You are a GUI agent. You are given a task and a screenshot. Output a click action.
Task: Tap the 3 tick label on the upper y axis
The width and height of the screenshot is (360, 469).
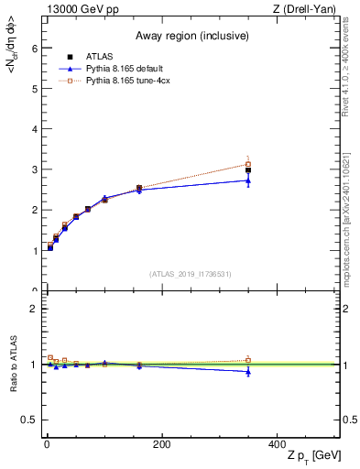[x=34, y=169]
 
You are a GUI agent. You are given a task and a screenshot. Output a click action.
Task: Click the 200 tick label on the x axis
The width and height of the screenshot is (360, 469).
[x=161, y=444]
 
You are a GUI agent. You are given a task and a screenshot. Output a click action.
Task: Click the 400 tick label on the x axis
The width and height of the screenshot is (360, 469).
[x=277, y=444]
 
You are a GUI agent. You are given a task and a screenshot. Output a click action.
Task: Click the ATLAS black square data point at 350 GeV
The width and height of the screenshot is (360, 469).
[x=248, y=170]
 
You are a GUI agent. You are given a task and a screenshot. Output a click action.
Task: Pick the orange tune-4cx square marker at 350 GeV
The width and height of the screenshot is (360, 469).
[x=248, y=164]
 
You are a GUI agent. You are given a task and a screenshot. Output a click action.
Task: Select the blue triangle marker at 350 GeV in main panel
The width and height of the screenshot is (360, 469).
[x=248, y=180]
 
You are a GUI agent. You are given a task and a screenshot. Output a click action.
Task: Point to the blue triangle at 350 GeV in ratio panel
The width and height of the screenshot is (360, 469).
[x=248, y=371]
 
